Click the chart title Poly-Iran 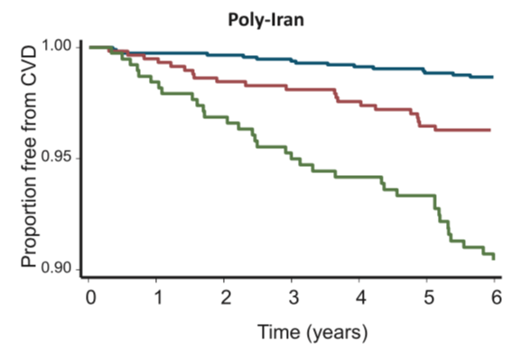[x=260, y=18]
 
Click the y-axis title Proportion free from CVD [x=30, y=155]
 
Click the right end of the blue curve [x=493, y=78]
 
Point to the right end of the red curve [x=489, y=130]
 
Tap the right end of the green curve [x=494, y=258]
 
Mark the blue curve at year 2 [x=225, y=55]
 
